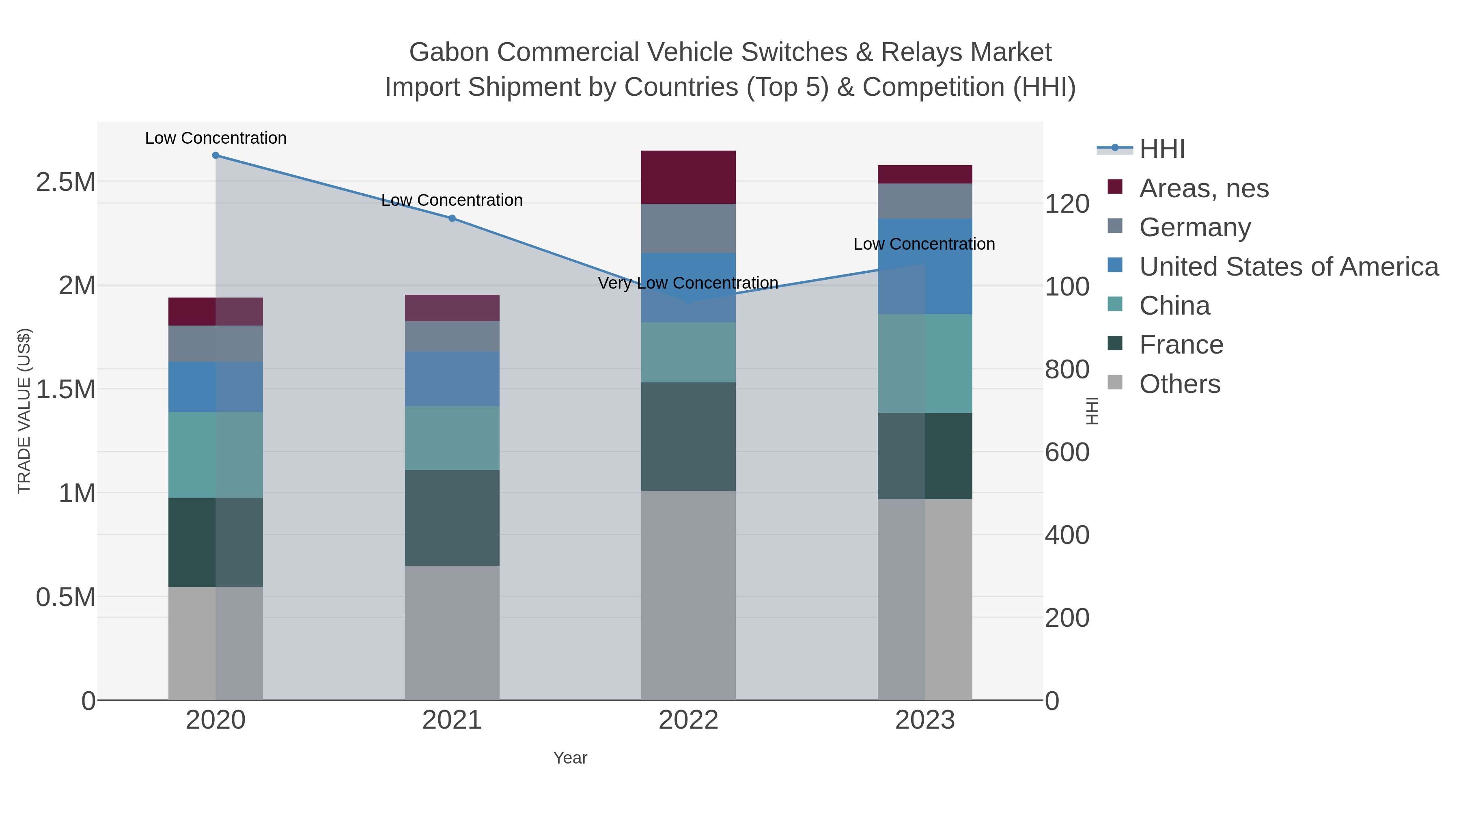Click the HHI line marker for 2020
click(215, 155)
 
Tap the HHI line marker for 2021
click(452, 218)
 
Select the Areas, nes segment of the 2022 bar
click(688, 177)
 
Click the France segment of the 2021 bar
click(452, 518)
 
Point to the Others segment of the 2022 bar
click(688, 595)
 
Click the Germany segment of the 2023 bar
click(925, 201)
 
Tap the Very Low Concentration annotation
click(688, 283)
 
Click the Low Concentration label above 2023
click(924, 244)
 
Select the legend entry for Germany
click(1194, 227)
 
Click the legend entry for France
click(1181, 345)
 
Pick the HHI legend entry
click(1161, 149)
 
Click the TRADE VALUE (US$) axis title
click(24, 411)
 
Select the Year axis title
click(570, 758)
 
